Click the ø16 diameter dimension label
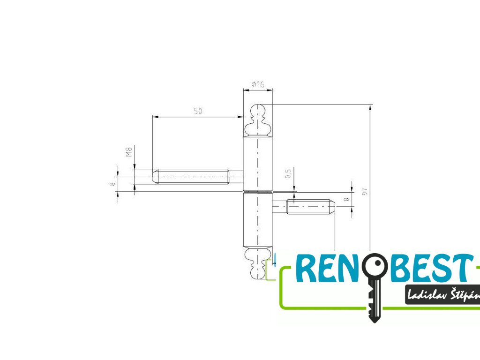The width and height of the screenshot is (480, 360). pos(258,84)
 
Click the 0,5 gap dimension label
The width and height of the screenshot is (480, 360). pos(289,174)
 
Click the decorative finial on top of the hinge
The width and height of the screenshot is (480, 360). pos(257,120)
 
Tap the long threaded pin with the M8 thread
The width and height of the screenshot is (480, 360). pos(192,177)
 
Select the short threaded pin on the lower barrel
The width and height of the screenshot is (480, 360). pos(305,206)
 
